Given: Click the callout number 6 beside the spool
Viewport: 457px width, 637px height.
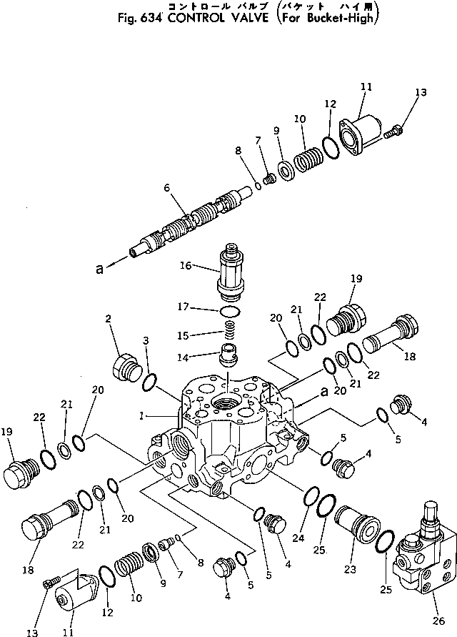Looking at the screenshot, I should pos(166,188).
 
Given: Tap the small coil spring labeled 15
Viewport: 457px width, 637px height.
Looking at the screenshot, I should pos(228,332).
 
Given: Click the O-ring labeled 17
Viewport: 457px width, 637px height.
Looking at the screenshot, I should pos(229,311).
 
